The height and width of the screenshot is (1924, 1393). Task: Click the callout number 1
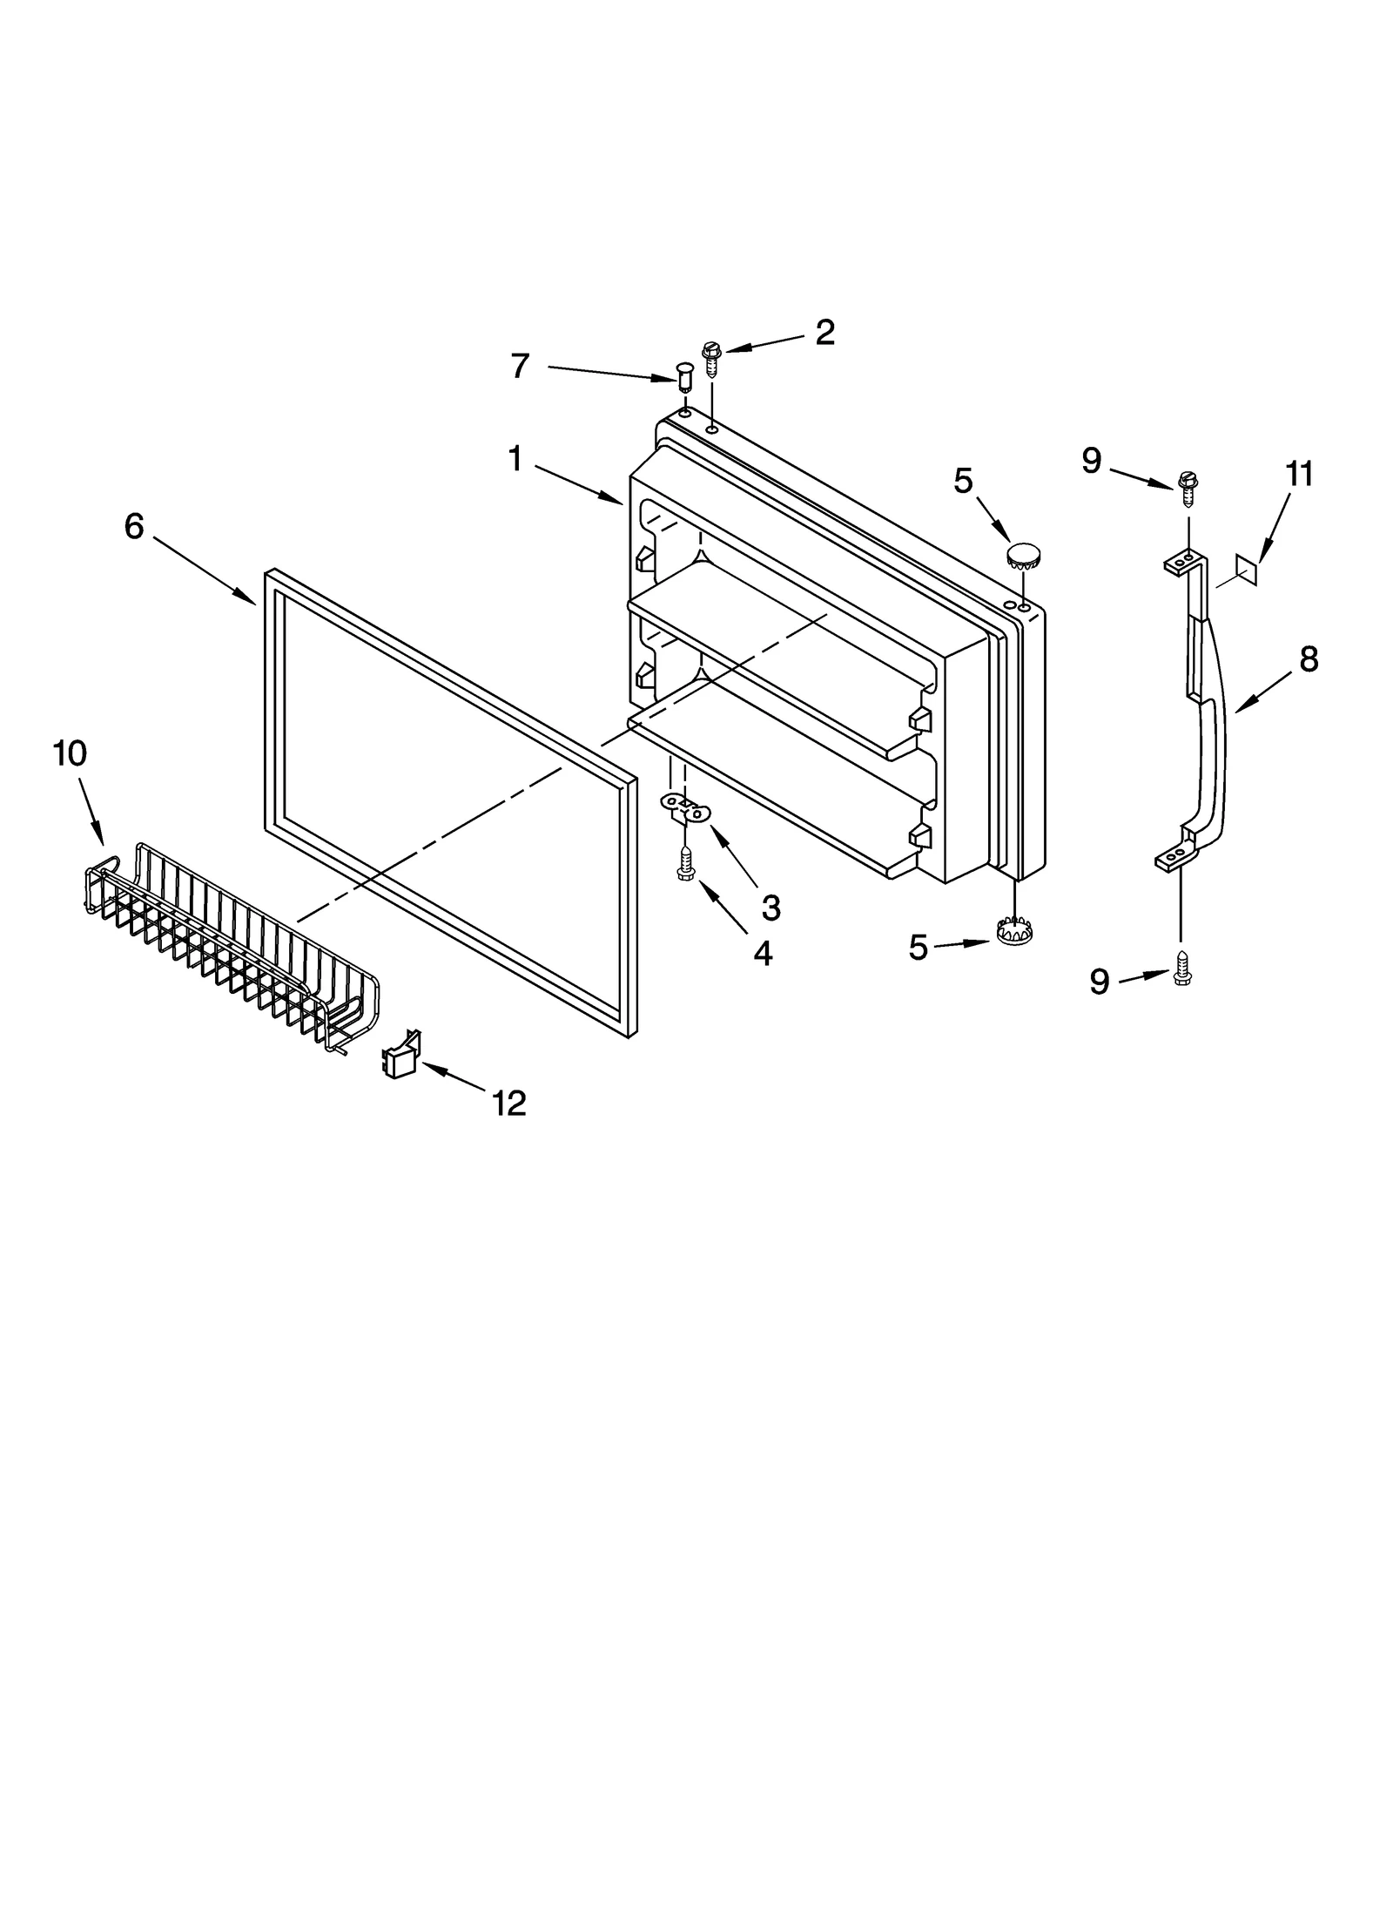515,458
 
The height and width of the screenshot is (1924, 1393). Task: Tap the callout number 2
824,332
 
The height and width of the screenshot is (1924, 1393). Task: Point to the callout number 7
520,366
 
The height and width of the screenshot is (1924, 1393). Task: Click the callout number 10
71,753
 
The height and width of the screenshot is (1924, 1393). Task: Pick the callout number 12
509,1104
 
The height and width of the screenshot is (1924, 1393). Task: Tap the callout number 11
1298,475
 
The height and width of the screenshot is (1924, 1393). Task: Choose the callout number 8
1309,659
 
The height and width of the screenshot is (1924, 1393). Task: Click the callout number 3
771,908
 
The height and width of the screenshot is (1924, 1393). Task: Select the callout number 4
762,954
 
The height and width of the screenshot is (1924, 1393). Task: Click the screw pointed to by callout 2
712,357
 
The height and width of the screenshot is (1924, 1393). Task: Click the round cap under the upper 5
1025,554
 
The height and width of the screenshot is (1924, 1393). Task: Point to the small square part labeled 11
1247,570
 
